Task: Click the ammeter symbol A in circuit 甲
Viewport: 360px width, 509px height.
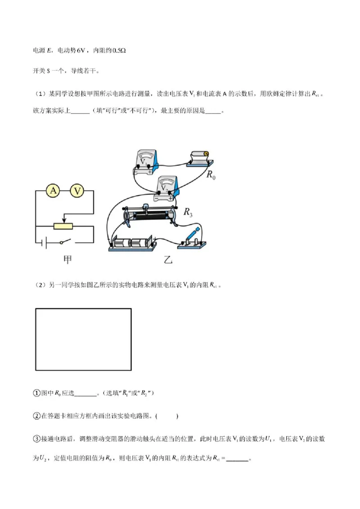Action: click(54, 191)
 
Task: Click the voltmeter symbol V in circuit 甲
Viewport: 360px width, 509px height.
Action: click(78, 191)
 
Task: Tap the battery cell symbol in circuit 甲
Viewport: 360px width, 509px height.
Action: click(43, 243)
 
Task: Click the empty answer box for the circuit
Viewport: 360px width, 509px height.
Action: click(83, 339)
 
